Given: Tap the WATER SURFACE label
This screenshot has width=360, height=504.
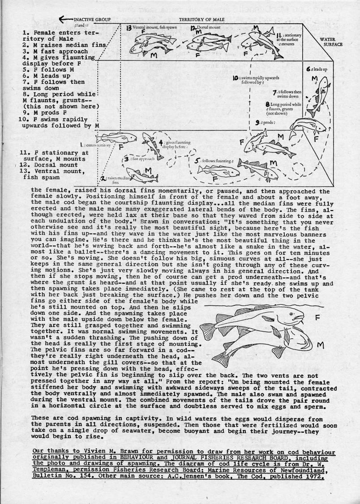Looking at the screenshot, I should coord(331,42).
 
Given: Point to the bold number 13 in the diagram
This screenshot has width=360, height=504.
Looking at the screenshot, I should coord(129,28).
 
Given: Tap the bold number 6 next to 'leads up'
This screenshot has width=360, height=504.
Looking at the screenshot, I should coord(309,69).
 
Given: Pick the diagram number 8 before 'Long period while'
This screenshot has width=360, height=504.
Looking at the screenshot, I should coord(267,104).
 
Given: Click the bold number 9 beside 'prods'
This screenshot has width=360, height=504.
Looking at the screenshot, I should coord(257,122).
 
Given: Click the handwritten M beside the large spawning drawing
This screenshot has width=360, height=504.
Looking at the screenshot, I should coord(320,346).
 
